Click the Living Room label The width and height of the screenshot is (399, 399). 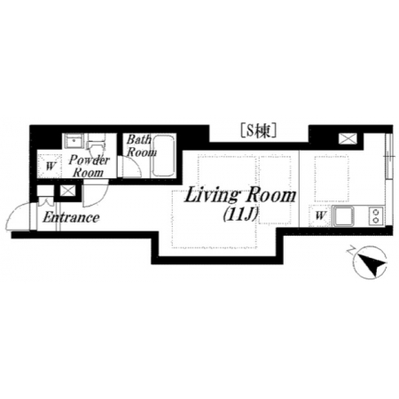coord(239,195)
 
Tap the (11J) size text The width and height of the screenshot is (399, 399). coord(240,215)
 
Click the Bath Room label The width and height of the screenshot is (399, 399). coord(141,145)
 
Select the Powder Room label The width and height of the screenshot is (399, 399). coord(89,166)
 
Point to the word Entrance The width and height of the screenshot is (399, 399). coord(71,218)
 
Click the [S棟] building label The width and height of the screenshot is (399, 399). coord(259,131)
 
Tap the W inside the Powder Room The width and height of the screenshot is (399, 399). coord(51,167)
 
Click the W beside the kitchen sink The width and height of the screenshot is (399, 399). coord(320,215)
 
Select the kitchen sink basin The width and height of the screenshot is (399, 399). coord(345,216)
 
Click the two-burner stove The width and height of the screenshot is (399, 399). coord(376,216)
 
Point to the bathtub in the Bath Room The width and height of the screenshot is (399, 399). coord(163,156)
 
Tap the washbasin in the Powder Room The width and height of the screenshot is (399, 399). coord(74,141)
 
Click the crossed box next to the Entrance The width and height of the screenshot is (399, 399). coord(67,191)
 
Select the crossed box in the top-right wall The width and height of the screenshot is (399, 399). coord(348,138)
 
